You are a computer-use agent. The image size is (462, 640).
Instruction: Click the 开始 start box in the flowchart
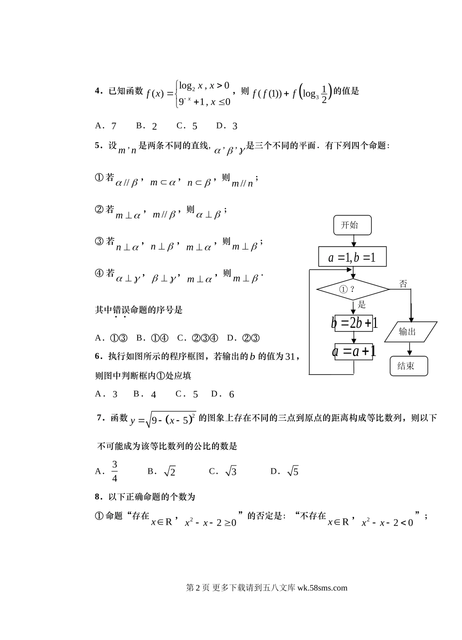click(353, 225)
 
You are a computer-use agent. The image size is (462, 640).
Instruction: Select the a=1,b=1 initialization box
click(353, 257)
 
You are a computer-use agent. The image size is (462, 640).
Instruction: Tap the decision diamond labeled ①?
click(353, 290)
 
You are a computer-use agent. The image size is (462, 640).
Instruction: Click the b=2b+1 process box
click(354, 322)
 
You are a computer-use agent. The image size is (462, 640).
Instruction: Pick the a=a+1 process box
click(354, 351)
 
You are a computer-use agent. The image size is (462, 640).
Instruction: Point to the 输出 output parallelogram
click(410, 332)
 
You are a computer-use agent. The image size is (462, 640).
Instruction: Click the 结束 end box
click(409, 366)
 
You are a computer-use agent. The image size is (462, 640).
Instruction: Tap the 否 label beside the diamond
click(403, 284)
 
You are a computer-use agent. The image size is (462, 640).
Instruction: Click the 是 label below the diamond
click(362, 305)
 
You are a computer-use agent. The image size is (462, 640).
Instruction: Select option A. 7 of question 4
click(106, 126)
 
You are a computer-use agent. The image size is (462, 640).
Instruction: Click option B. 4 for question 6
click(145, 394)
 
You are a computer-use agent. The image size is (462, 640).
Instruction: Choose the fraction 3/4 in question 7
click(115, 471)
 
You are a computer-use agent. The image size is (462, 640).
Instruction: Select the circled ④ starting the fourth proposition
click(99, 273)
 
